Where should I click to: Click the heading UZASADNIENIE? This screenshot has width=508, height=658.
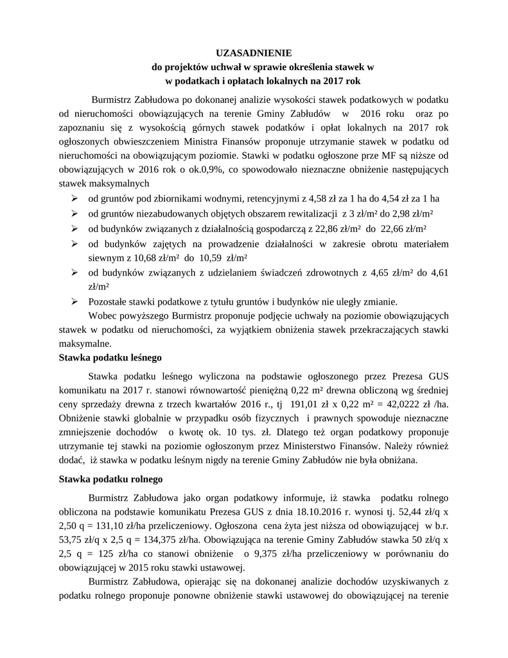(254, 53)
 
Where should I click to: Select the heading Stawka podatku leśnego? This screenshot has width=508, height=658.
(110, 357)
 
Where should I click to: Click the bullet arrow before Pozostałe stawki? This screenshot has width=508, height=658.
(74, 301)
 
